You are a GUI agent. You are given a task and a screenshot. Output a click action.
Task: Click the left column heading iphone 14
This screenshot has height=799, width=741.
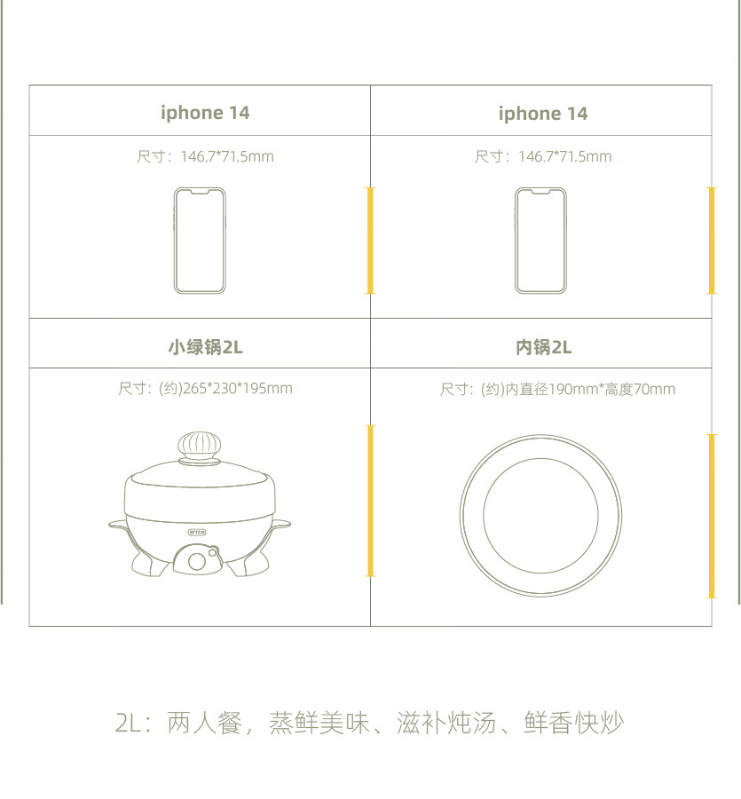click(x=205, y=113)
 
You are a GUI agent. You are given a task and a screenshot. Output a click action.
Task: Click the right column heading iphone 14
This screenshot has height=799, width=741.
click(x=543, y=114)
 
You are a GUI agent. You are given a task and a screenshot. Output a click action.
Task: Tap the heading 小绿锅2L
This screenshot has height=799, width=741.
click(x=205, y=347)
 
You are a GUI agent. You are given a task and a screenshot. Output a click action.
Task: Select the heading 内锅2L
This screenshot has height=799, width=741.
click(x=543, y=347)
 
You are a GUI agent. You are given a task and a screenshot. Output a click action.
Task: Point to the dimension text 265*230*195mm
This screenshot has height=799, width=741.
click(x=237, y=388)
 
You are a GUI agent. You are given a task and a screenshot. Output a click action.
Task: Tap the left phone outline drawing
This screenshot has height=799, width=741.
click(x=200, y=241)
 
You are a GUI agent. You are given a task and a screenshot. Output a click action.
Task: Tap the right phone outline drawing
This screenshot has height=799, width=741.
click(x=540, y=241)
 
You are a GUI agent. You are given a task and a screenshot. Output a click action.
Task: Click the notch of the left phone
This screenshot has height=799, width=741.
click(x=200, y=192)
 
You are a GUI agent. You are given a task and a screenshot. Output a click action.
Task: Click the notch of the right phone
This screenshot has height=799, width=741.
click(x=540, y=192)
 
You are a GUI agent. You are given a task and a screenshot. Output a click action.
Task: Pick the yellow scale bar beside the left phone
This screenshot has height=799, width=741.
click(x=370, y=241)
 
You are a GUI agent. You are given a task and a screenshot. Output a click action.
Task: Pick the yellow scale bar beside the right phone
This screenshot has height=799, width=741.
click(x=712, y=241)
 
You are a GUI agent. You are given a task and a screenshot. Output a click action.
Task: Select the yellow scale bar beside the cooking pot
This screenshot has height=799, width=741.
click(x=370, y=501)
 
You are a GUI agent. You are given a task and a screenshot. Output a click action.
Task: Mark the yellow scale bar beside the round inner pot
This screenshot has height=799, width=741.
click(x=712, y=516)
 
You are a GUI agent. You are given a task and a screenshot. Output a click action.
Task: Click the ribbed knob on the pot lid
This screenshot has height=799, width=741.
click(x=200, y=447)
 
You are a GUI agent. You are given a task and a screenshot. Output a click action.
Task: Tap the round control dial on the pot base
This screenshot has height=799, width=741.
click(x=197, y=562)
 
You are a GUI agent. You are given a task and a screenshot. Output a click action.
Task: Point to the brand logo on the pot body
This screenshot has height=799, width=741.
click(x=197, y=532)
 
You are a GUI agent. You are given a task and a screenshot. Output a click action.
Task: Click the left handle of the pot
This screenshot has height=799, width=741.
click(x=118, y=526)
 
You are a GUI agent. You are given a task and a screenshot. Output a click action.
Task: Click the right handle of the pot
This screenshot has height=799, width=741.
click(x=281, y=525)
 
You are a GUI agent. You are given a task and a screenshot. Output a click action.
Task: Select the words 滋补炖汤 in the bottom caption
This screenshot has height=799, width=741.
click(x=446, y=723)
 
